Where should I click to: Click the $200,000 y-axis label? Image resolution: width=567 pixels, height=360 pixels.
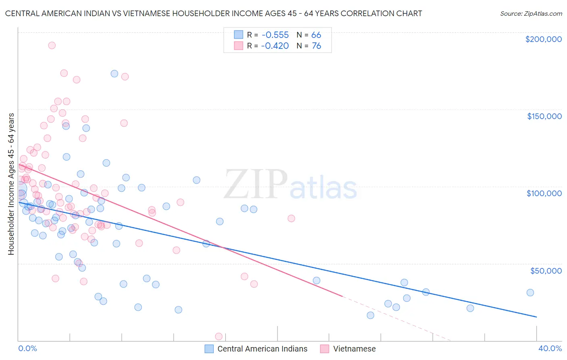pyautogui.click(x=543, y=39)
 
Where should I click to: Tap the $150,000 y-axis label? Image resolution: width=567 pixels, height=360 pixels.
pyautogui.click(x=544, y=116)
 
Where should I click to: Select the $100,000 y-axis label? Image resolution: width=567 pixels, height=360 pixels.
pyautogui.click(x=544, y=193)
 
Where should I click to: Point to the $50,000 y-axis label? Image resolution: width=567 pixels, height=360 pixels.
pyautogui.click(x=546, y=270)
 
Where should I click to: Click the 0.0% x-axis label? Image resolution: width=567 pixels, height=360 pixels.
pyautogui.click(x=27, y=348)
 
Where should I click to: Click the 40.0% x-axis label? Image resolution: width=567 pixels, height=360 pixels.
pyautogui.click(x=550, y=348)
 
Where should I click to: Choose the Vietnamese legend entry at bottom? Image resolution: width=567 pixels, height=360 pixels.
pyautogui.click(x=354, y=349)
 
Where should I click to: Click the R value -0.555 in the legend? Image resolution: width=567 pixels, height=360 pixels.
pyautogui.click(x=275, y=35)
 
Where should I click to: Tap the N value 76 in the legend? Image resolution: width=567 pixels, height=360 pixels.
pyautogui.click(x=317, y=46)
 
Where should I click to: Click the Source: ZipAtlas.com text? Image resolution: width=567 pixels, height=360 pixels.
pyautogui.click(x=531, y=13)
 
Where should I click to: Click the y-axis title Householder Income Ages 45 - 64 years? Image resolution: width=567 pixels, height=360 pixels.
pyautogui.click(x=11, y=184)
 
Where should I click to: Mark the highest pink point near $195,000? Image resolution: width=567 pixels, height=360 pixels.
pyautogui.click(x=52, y=45)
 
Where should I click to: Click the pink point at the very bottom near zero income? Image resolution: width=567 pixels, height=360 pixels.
pyautogui.click(x=219, y=336)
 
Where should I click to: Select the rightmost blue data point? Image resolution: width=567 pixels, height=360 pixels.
pyautogui.click(x=530, y=293)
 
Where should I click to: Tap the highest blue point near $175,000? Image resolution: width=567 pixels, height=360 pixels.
pyautogui.click(x=114, y=73)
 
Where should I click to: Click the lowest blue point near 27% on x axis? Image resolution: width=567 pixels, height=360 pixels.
pyautogui.click(x=370, y=315)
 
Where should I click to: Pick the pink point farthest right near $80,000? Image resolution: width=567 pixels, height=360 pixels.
pyautogui.click(x=291, y=218)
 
